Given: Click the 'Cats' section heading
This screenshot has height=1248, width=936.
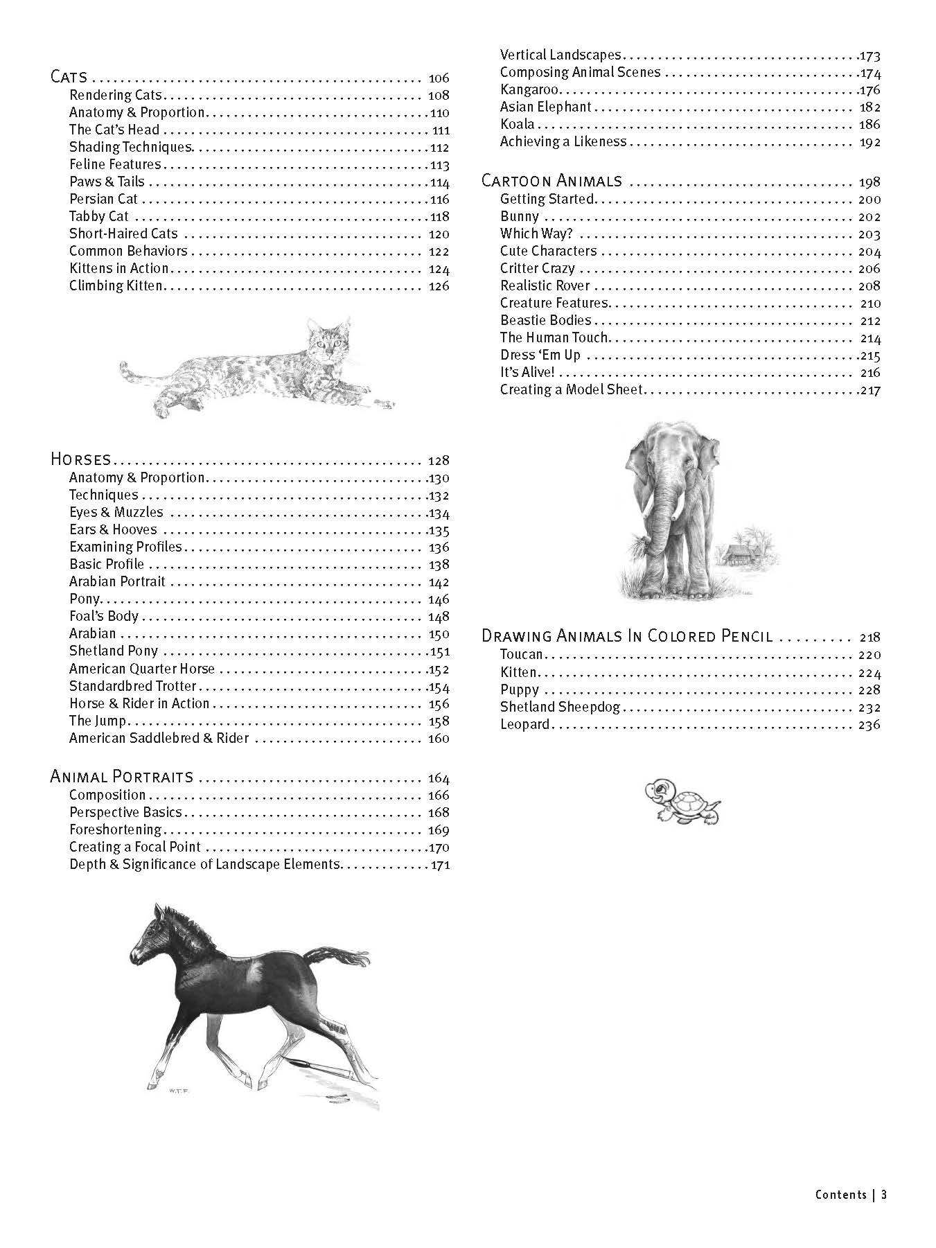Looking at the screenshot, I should pos(69,77).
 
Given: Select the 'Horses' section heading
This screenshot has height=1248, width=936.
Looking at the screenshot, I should pos(80,459).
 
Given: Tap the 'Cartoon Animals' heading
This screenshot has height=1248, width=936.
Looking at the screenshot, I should pos(551,182).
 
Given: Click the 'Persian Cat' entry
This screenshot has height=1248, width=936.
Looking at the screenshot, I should pos(103,200).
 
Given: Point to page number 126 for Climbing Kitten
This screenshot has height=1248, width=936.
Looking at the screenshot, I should pos(439,286).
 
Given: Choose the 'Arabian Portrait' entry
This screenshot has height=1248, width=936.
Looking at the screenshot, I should pos(117,581).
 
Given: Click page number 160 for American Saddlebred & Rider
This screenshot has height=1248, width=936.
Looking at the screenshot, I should pos(439,739).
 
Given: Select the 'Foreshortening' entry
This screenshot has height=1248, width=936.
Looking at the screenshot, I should pos(115,829).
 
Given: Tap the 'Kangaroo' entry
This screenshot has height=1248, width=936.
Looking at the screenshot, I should pos(529,90).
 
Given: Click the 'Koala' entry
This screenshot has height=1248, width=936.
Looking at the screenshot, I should pos(517,125).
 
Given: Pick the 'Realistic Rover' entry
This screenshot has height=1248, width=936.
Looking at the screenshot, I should pos(545,285).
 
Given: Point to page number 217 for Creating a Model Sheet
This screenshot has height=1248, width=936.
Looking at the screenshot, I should pos(869,390).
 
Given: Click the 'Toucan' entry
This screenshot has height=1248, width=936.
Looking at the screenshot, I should pos(521,655).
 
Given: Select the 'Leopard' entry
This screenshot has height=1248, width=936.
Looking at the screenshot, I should pos(524,725).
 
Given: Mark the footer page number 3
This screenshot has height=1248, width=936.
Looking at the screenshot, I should pos(884,1194).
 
